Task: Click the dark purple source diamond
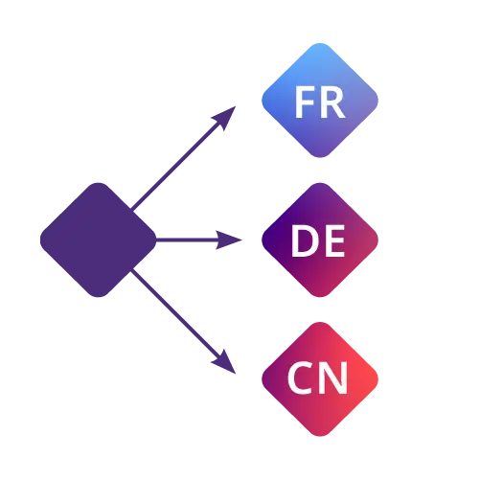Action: pos(99,240)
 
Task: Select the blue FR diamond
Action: pos(320,101)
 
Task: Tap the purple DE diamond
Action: pos(320,240)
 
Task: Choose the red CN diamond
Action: pos(320,379)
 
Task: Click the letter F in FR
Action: pos(303,103)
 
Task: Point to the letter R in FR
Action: pos(333,103)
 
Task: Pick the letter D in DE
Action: pos(305,240)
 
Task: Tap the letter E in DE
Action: pos(335,240)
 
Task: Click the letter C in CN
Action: pos(301,377)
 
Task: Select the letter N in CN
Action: pos(334,377)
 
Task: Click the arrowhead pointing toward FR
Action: pos(225,117)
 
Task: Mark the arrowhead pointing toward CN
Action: pos(225,363)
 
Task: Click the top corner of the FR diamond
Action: pos(320,43)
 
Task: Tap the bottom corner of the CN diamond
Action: pos(320,437)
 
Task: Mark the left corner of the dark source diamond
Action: pos(40,240)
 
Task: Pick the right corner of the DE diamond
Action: pos(378,240)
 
